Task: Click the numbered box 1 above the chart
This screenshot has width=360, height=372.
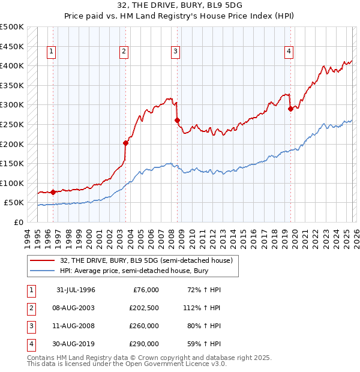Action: coord(52,52)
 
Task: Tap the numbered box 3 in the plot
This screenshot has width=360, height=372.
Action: coord(176,52)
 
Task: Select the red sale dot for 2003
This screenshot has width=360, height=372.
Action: coord(126,143)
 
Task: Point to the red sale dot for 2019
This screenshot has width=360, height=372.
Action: coord(290,109)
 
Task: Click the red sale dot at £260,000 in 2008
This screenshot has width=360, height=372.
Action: coord(178,121)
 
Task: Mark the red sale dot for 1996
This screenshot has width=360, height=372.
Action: coord(53,193)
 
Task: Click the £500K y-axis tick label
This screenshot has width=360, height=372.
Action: coord(12,27)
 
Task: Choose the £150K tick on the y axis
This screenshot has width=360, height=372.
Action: coord(12,163)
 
